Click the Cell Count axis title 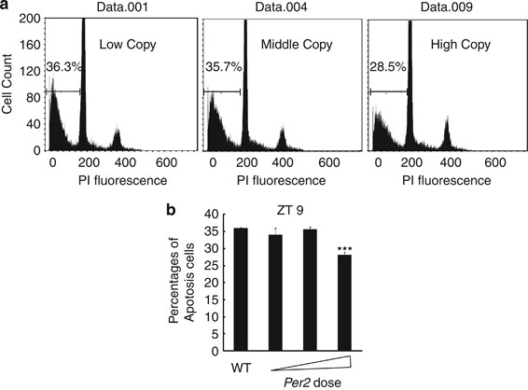tap(8, 84)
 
